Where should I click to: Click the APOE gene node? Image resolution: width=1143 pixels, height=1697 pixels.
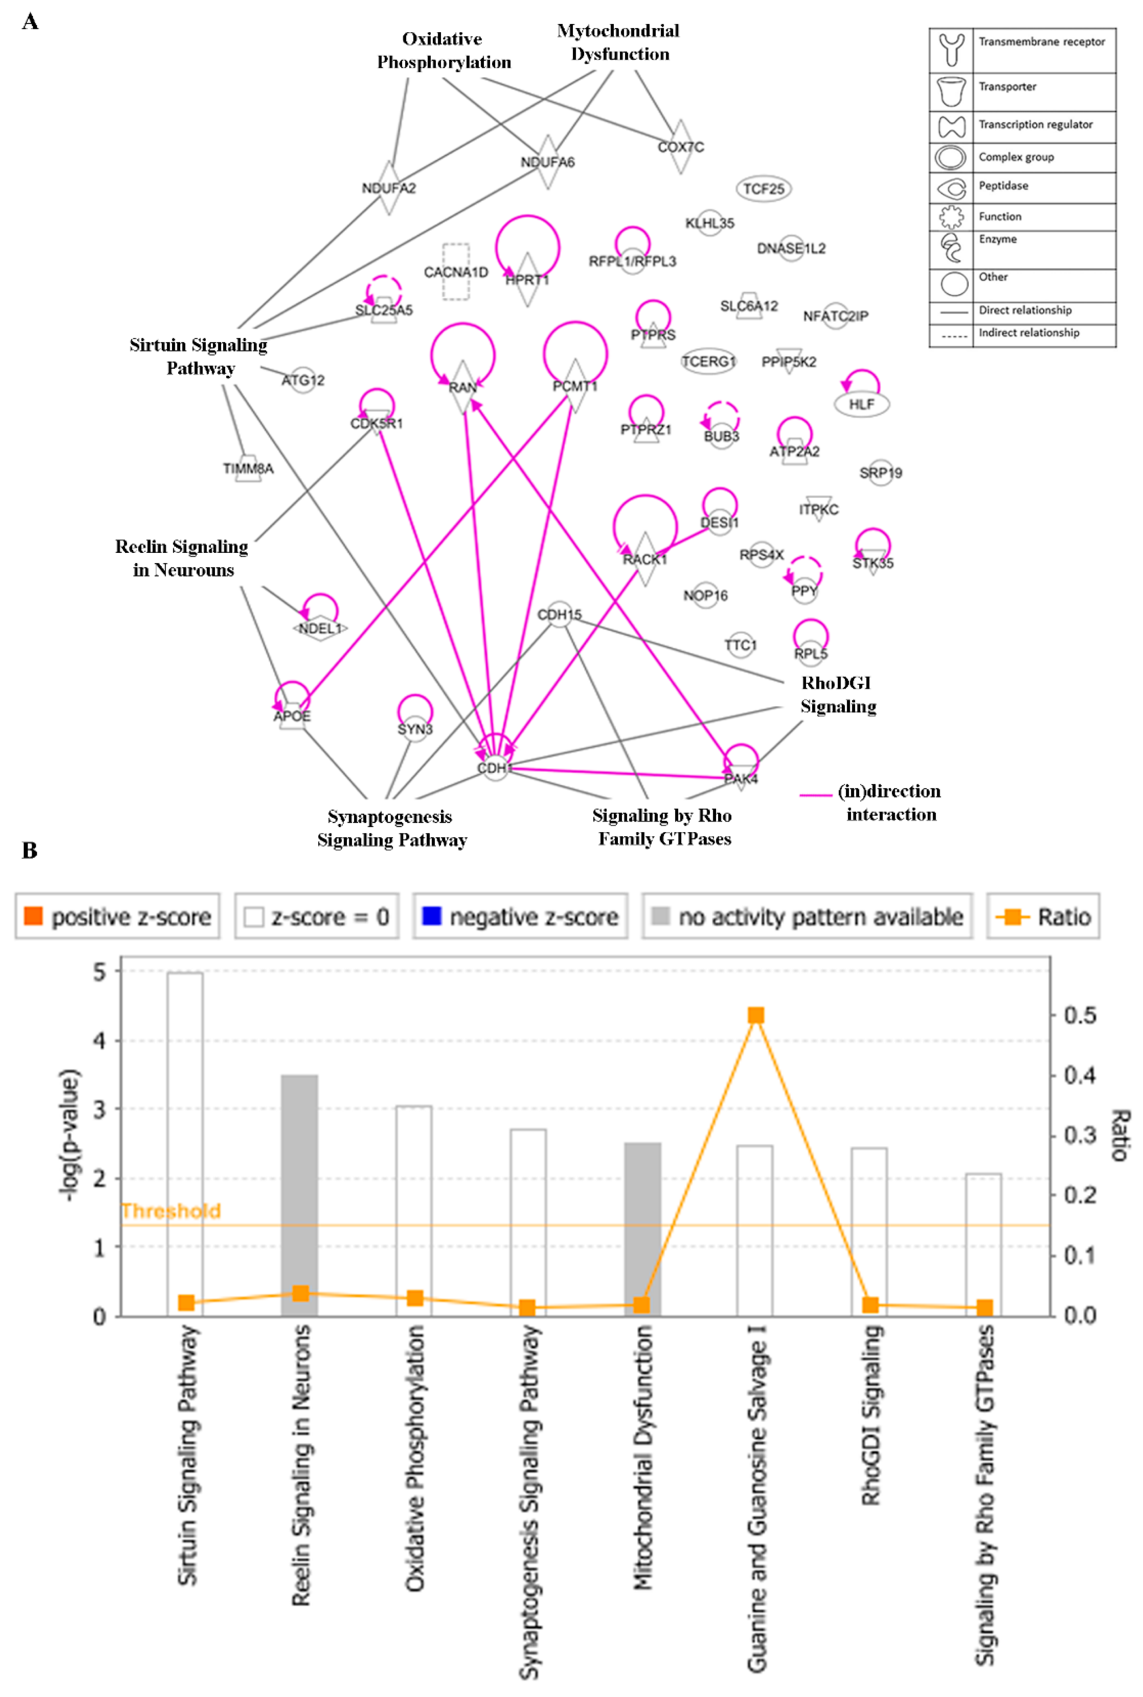click(x=292, y=716)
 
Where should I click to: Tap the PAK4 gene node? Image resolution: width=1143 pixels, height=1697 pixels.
click(x=740, y=778)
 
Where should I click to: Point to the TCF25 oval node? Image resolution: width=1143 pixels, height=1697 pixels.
click(x=763, y=189)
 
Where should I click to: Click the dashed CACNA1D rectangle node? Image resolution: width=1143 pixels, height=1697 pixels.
click(x=456, y=272)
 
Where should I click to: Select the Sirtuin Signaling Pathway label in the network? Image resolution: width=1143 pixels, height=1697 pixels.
click(x=199, y=356)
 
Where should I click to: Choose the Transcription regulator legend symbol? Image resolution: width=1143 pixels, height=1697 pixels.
click(x=951, y=127)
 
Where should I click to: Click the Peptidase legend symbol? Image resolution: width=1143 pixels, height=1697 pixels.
click(x=951, y=188)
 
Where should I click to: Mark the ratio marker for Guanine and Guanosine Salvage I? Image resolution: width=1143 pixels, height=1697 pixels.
click(x=756, y=1015)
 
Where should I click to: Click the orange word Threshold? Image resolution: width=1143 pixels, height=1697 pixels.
click(x=171, y=1211)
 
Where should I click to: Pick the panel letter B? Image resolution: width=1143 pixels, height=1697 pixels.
click(x=29, y=850)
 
